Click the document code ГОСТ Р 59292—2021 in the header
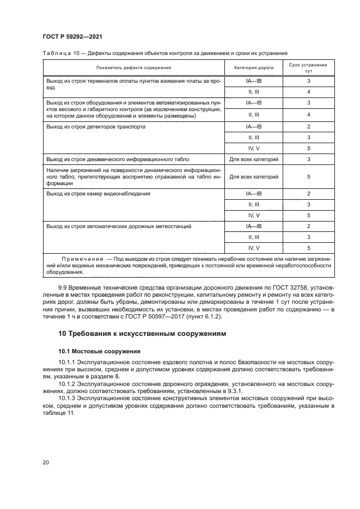[x=72, y=36]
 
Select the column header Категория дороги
[x=254, y=68]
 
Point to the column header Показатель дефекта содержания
[x=133, y=68]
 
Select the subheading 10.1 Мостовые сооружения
[x=92, y=351]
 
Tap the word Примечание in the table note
[x=82, y=257]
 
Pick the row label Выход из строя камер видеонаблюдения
[x=99, y=193]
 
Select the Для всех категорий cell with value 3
[x=254, y=160]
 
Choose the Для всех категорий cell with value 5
[x=254, y=176]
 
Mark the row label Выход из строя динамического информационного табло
[x=118, y=160]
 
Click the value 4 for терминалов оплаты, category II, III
[x=308, y=91]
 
